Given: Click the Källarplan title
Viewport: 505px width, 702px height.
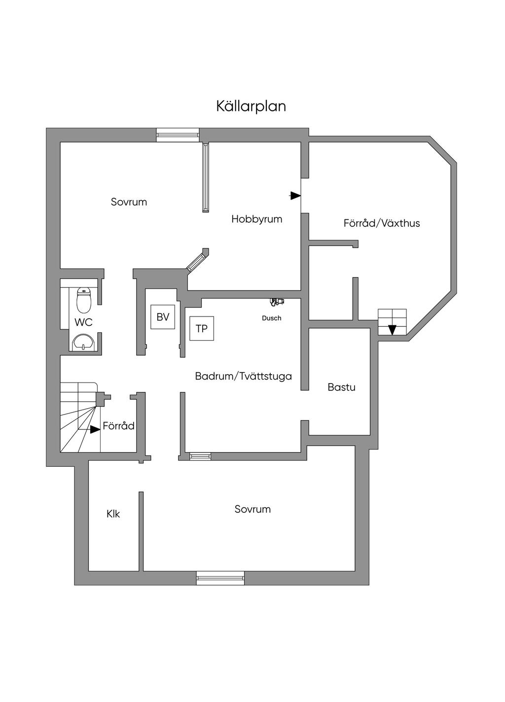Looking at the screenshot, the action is [251, 106].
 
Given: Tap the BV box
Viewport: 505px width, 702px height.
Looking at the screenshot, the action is [163, 317].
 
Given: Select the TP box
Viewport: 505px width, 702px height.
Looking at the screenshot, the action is [202, 328].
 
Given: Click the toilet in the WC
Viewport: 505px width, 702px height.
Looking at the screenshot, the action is [84, 300].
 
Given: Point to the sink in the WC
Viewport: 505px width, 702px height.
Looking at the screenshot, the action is [83, 342].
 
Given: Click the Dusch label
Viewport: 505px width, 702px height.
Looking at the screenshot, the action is [272, 318].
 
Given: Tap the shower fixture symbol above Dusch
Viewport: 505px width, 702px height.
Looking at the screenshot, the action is [277, 301].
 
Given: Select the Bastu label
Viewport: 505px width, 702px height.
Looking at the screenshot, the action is [341, 387].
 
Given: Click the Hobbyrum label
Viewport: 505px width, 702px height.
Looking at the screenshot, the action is [257, 219].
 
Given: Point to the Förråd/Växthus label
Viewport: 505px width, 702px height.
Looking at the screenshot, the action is [382, 223].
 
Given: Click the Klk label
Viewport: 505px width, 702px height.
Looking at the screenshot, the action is [113, 514].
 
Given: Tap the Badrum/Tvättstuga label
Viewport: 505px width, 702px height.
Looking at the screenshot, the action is [243, 376].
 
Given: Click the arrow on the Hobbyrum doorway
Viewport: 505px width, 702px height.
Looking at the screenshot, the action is [295, 196].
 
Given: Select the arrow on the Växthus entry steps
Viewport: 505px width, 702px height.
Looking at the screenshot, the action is [392, 330].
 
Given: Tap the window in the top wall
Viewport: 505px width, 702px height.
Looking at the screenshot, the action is [178, 135].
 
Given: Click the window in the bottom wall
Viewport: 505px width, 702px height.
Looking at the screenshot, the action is [220, 578].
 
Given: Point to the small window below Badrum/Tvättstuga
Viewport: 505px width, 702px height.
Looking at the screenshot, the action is [200, 456].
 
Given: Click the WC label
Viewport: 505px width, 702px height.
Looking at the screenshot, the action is [83, 322].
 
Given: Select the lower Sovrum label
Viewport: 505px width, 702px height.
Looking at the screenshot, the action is [252, 509].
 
